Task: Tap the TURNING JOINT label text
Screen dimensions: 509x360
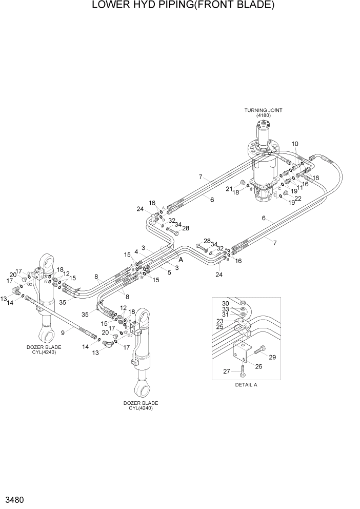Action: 263,110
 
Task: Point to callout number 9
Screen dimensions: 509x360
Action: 63,333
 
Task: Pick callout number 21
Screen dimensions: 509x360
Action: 229,189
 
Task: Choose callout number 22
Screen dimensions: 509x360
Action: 297,199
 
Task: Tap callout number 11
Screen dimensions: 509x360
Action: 301,188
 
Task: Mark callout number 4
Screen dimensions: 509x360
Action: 136,251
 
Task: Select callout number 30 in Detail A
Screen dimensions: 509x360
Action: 224,303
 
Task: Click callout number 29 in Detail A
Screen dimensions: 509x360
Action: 272,357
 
